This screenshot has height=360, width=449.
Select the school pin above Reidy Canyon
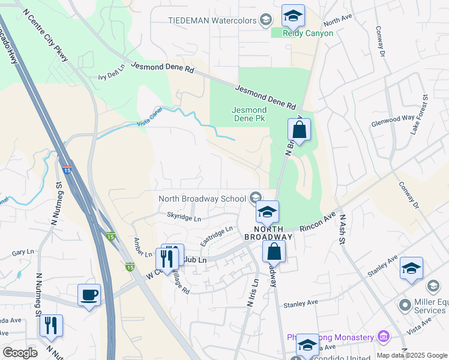click(293, 16)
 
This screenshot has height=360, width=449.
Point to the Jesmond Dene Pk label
click(249, 115)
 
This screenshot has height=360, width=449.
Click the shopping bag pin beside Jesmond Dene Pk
click(298, 129)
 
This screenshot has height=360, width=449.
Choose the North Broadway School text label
click(202, 199)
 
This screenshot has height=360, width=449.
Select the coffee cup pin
click(89, 295)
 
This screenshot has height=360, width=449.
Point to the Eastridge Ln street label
click(216, 236)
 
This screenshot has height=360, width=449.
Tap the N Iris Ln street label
click(253, 293)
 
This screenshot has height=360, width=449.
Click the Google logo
click(20, 352)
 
